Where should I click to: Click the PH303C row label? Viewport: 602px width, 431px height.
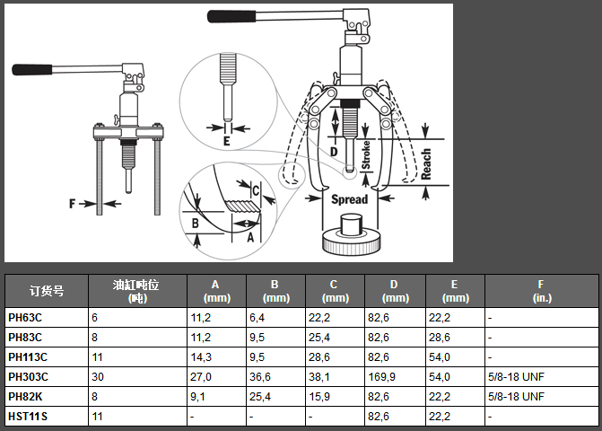click(29, 377)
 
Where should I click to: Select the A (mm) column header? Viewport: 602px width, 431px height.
click(216, 291)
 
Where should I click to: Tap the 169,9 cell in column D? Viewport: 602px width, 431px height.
click(381, 377)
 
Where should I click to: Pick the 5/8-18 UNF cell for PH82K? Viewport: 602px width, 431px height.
click(516, 396)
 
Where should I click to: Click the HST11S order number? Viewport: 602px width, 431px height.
click(28, 417)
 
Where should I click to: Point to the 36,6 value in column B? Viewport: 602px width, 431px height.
click(260, 377)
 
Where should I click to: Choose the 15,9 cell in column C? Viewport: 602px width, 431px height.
click(319, 396)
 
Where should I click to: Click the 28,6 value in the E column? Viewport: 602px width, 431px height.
click(440, 338)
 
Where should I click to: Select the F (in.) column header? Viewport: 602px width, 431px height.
click(542, 291)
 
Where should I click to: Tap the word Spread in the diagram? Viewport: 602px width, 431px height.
click(349, 199)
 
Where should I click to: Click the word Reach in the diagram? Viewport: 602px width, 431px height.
click(426, 164)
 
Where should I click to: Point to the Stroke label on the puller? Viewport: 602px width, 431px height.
click(366, 154)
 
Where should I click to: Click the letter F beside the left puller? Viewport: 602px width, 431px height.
click(72, 204)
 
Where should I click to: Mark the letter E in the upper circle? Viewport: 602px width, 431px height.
click(227, 141)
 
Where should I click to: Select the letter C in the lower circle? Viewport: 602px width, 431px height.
click(256, 190)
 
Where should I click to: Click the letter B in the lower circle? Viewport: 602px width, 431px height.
click(195, 223)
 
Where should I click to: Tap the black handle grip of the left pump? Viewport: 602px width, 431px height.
click(32, 69)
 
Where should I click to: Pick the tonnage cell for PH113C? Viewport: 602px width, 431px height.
click(97, 357)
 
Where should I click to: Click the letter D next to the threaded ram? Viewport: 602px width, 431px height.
click(334, 152)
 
